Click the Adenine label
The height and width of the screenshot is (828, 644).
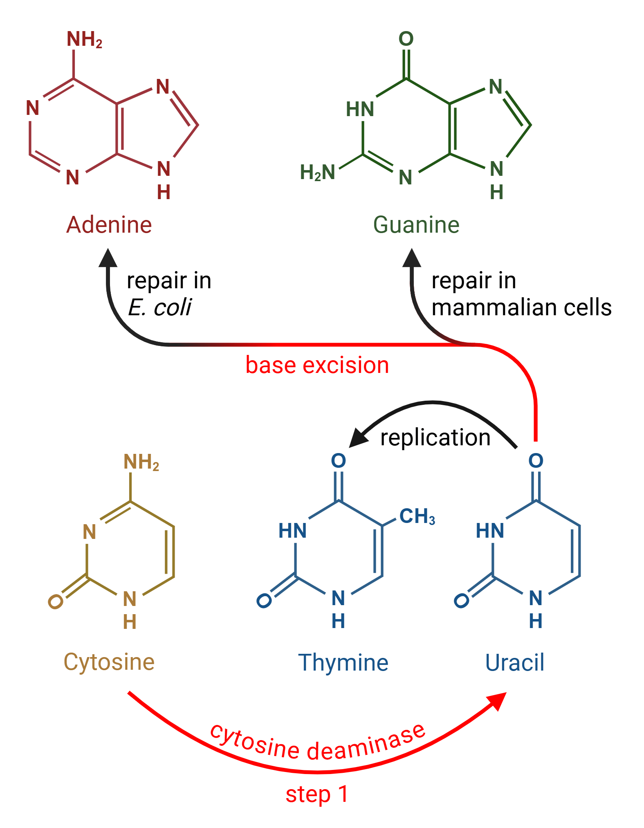click(x=109, y=225)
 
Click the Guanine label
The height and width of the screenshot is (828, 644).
click(x=416, y=225)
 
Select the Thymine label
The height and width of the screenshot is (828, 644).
click(x=343, y=662)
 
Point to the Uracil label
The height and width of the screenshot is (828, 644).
click(x=514, y=662)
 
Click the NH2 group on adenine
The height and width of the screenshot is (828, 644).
click(x=84, y=40)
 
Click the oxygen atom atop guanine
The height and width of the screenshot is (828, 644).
click(x=406, y=39)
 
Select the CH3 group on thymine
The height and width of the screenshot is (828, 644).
click(x=417, y=516)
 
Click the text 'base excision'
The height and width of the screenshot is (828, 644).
click(x=317, y=365)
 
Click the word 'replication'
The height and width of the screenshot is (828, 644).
click(x=435, y=438)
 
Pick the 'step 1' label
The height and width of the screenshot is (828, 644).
click(x=317, y=794)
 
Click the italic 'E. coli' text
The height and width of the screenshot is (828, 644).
click(x=160, y=307)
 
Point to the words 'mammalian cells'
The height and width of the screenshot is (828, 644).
click(x=521, y=307)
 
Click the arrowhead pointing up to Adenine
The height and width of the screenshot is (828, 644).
click(x=108, y=258)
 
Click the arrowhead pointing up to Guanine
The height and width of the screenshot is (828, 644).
click(x=412, y=258)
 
